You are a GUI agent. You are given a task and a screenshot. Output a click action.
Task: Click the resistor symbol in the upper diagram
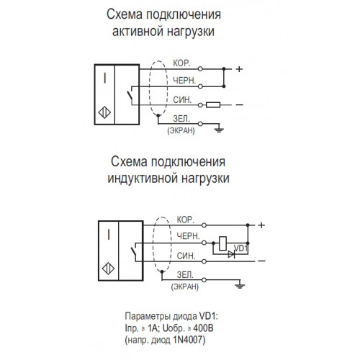click(x=213, y=105)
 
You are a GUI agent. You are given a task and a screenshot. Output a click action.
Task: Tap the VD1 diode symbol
click(x=231, y=254)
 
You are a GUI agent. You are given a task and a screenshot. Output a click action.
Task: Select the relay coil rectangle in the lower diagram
click(x=222, y=243)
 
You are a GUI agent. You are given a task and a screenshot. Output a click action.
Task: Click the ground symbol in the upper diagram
click(x=219, y=130)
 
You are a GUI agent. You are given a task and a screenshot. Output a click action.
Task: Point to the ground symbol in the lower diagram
click(x=240, y=286)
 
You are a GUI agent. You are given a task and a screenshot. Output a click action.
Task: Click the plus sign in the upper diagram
click(x=239, y=69)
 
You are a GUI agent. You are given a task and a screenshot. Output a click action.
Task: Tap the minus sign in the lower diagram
click(x=261, y=261)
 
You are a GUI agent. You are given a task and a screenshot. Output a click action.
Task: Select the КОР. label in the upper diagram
click(x=181, y=63)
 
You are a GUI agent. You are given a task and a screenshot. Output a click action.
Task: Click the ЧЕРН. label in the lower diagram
click(x=188, y=236)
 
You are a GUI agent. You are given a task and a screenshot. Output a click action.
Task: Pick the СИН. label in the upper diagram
click(x=182, y=99)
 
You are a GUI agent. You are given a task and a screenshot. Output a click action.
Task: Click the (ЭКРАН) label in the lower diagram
click(x=185, y=287)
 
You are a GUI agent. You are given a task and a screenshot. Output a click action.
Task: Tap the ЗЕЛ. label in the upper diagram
click(x=181, y=119)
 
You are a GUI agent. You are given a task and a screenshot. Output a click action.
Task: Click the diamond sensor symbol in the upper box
click(x=104, y=112)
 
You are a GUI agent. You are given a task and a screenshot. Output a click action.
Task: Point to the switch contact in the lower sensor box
click(x=133, y=251)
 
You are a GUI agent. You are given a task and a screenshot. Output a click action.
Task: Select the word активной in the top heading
click(x=136, y=32)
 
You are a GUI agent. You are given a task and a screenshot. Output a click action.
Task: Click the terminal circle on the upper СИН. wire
click(x=200, y=105)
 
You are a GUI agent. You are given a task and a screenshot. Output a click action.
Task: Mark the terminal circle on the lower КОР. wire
click(x=204, y=225)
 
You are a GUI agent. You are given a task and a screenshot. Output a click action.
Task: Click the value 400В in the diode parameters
click(x=203, y=328)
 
